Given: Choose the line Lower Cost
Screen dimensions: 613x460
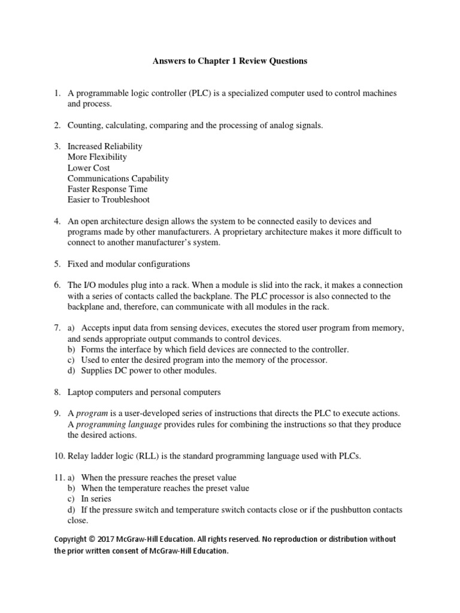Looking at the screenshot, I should click(x=89, y=168).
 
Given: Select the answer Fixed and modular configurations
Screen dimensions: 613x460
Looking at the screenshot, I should click(x=128, y=263).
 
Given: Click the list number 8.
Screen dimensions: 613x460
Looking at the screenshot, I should click(x=57, y=392).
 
